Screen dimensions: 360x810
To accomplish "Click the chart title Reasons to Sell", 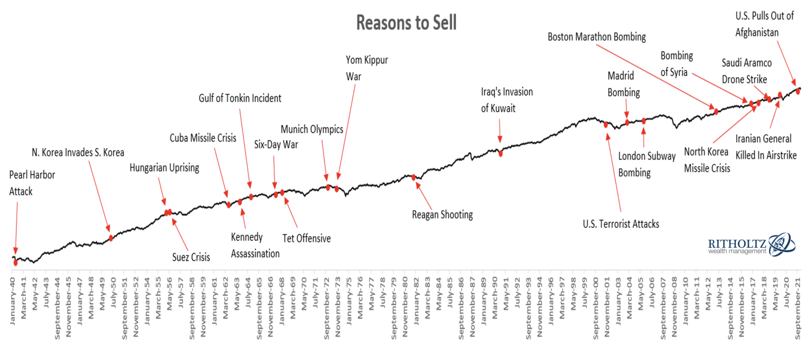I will click(406, 22).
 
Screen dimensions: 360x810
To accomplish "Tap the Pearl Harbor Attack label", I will click(31, 183).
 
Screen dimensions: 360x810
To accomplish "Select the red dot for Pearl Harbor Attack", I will click(16, 262).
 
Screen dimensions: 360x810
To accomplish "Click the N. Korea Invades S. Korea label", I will click(78, 153).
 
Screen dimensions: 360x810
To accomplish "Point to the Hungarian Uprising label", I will click(164, 168).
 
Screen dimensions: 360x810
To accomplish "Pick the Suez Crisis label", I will click(191, 257).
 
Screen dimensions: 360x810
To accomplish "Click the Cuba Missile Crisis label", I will click(202, 138).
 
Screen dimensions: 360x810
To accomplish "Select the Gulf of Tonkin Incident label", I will click(240, 98).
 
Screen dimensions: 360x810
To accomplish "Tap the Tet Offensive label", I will click(306, 238).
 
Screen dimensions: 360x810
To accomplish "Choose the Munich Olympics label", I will click(312, 130).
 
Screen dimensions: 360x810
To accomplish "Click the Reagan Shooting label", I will click(442, 215).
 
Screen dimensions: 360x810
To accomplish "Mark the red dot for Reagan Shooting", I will click(414, 177).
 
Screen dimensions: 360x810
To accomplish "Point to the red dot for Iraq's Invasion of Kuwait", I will click(500, 153).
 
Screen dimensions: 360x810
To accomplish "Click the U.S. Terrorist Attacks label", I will click(621, 224).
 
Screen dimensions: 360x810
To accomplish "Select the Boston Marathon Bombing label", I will click(596, 37).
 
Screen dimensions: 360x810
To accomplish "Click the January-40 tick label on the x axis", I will click(13, 301).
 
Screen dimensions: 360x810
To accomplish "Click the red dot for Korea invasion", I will click(111, 238).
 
